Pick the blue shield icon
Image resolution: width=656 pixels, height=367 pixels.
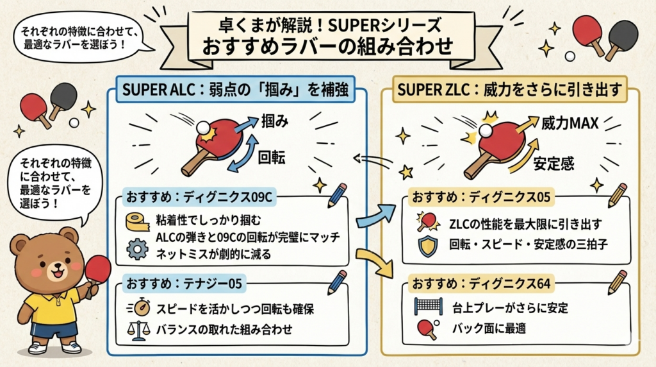pyautogui.click(x=427, y=245)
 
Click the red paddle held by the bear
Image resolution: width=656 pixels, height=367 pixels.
pyautogui.click(x=97, y=266)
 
